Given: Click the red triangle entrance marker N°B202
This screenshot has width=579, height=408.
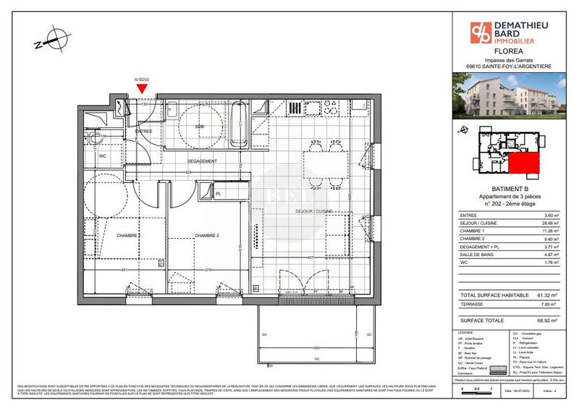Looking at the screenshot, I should pyautogui.click(x=142, y=88).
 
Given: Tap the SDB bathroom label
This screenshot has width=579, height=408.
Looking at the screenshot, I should pyautogui.click(x=200, y=127).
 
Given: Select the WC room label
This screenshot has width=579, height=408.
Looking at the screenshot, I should pyautogui.click(x=103, y=156).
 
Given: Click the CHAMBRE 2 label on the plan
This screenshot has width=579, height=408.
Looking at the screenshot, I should pyautogui.click(x=206, y=236).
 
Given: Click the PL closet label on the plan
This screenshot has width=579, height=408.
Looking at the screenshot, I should pyautogui.click(x=217, y=194).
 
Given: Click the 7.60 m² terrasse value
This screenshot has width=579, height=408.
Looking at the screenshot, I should pyautogui.click(x=553, y=305).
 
